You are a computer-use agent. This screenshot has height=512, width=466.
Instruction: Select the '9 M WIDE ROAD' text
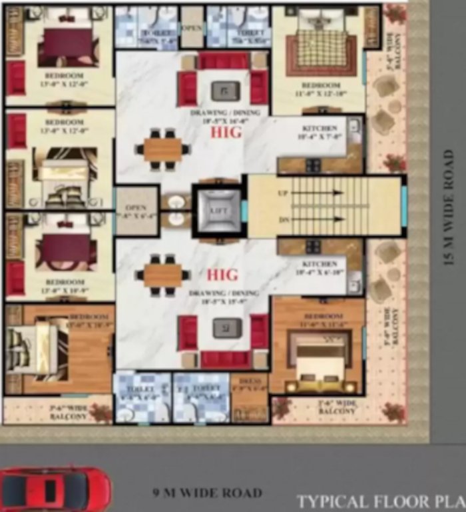click(206, 494)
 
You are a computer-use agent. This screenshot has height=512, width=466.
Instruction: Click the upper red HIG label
click(226, 133)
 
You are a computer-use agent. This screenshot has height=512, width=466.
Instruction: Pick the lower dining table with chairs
click(162, 274)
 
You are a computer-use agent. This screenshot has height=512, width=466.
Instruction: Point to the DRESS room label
click(250, 383)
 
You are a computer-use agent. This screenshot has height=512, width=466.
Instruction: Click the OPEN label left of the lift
click(136, 208)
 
